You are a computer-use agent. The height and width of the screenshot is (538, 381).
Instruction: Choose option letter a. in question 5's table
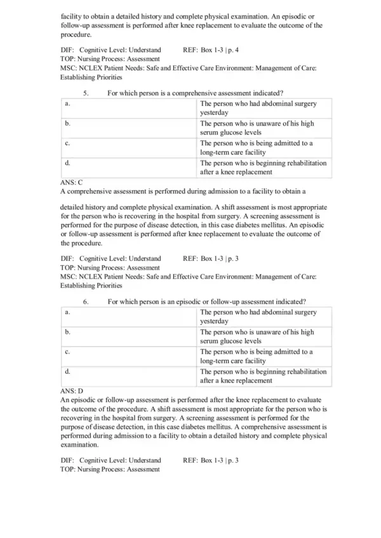click(x=67, y=103)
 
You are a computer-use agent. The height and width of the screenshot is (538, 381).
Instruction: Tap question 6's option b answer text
click(x=257, y=336)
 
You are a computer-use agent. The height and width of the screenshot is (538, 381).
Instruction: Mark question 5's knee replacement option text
click(x=263, y=167)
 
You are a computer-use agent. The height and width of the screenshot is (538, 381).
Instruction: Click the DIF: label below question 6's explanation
click(x=67, y=459)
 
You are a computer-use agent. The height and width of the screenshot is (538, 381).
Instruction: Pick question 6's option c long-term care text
click(x=257, y=356)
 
